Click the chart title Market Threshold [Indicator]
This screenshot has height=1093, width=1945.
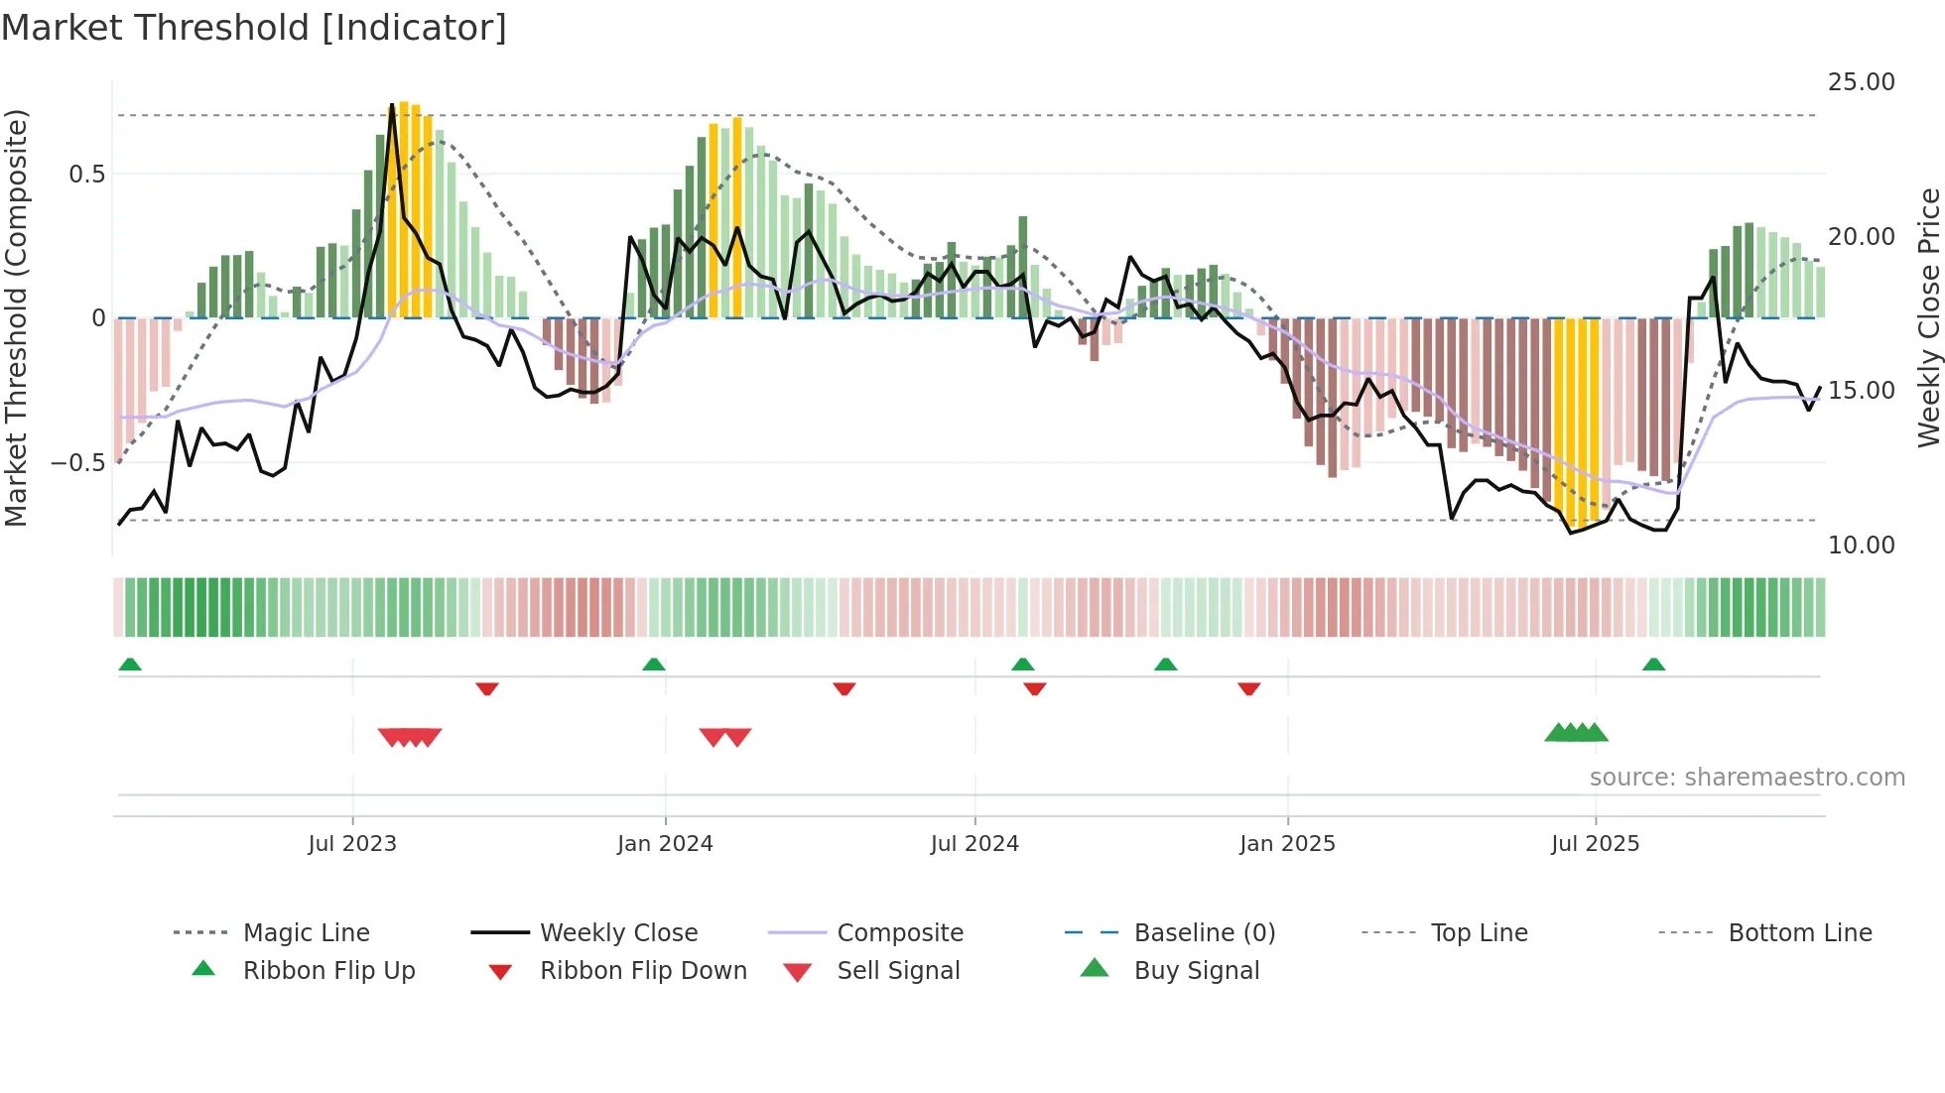[254, 28]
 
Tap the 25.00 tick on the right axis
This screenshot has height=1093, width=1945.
[1861, 82]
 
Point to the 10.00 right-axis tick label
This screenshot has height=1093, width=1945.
[1861, 545]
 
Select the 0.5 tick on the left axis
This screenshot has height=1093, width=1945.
[86, 175]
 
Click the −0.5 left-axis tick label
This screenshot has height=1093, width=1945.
[78, 463]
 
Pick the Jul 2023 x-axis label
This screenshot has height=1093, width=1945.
[352, 844]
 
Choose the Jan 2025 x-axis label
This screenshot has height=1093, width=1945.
[1287, 844]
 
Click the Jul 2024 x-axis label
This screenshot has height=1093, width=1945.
[974, 844]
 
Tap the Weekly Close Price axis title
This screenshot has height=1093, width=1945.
[1928, 317]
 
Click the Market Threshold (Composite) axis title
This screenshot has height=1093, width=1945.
[16, 317]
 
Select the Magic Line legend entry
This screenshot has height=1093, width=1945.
[306, 933]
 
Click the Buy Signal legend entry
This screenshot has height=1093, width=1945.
[1196, 971]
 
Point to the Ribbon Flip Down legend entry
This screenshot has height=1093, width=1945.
[642, 971]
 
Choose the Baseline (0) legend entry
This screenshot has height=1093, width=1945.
[1204, 933]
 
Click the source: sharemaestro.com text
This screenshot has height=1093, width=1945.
[1747, 778]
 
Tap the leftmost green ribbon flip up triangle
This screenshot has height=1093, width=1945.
[130, 665]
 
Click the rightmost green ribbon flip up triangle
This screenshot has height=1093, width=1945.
[1653, 665]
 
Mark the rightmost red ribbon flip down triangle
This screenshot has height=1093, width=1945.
[1249, 688]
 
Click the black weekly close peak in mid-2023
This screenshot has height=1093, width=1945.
[392, 105]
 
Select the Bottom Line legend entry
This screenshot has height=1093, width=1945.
[1799, 933]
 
